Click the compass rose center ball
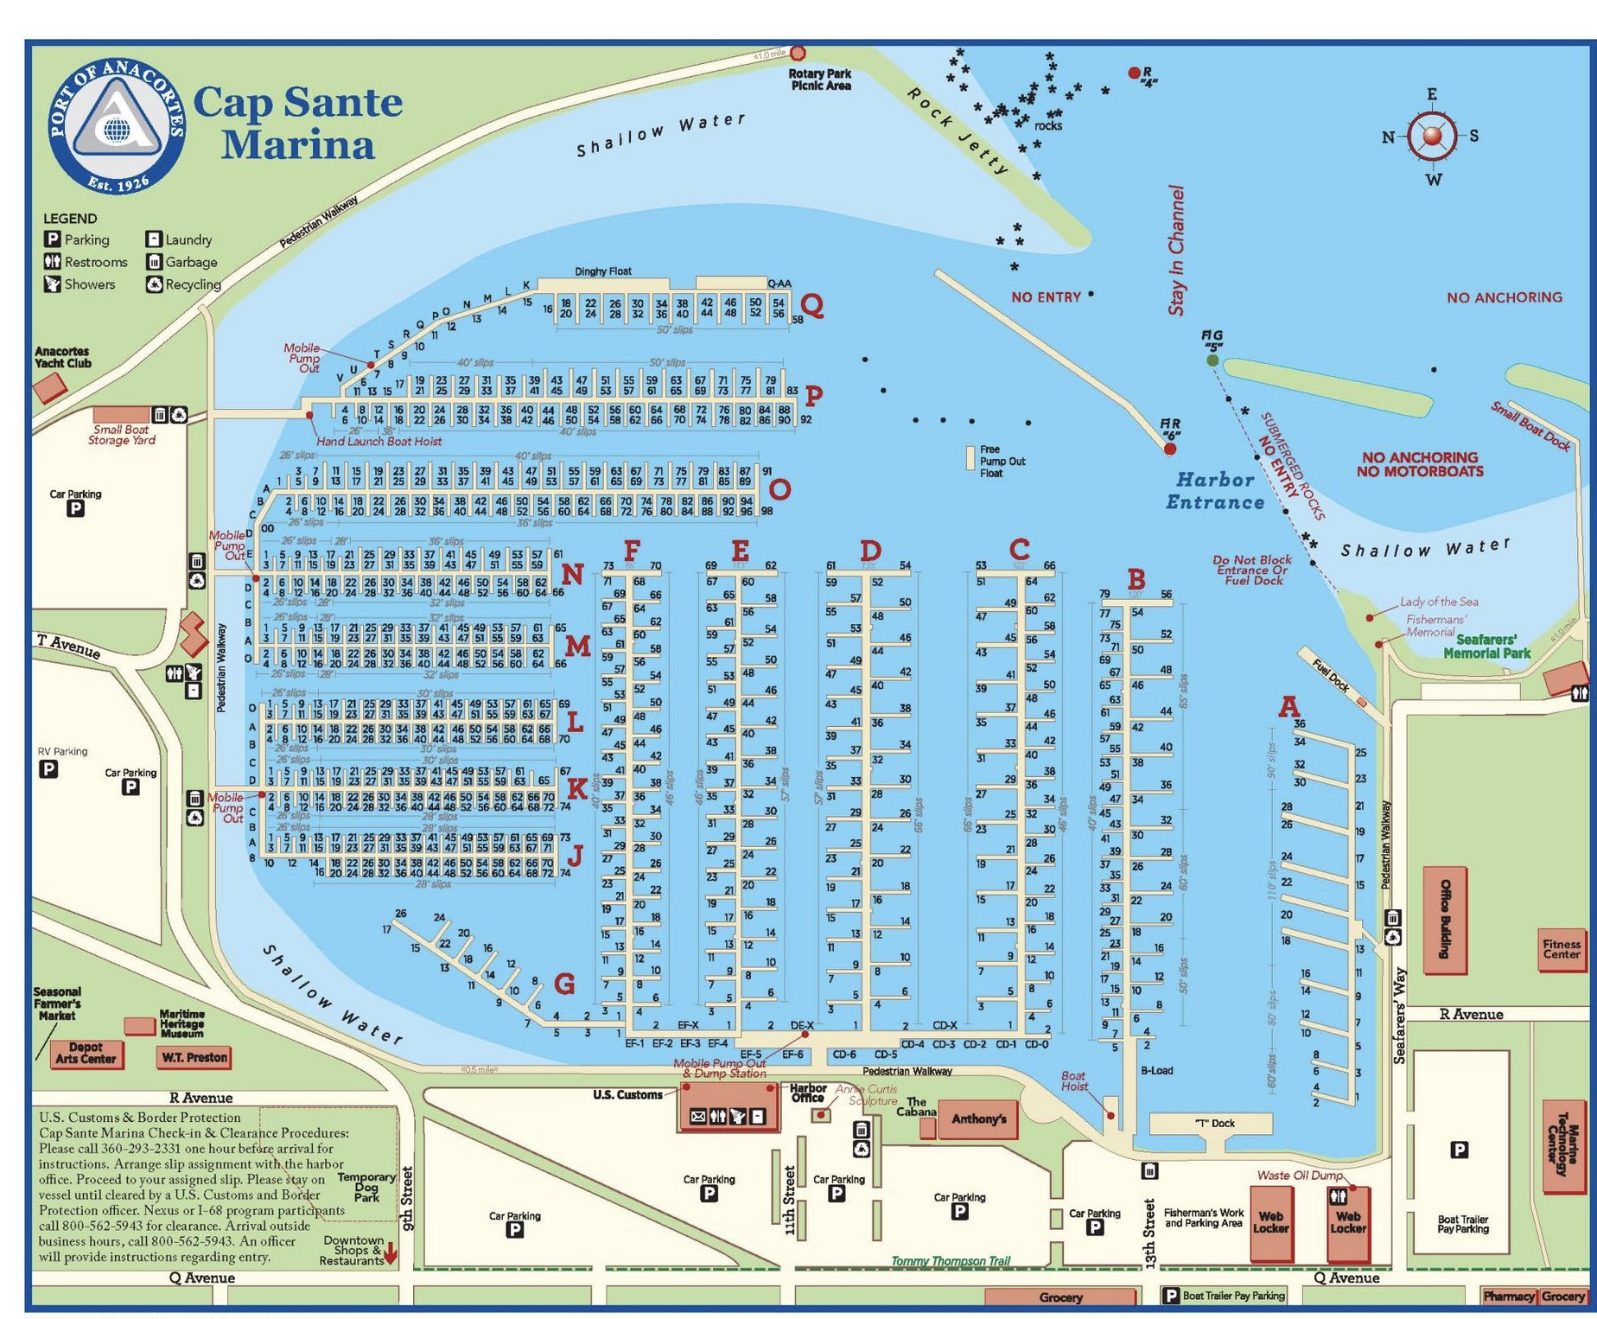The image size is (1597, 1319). (1432, 136)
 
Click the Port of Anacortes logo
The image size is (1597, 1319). (116, 127)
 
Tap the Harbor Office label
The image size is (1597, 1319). (808, 1093)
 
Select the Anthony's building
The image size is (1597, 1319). (978, 1119)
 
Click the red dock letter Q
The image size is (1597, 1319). (812, 305)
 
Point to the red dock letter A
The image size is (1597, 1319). (1288, 706)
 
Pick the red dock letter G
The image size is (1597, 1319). (563, 983)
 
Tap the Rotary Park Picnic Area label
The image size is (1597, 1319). (820, 80)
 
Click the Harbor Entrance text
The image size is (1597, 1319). (1215, 491)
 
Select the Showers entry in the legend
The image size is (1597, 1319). (80, 284)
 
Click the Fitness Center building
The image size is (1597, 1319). (1561, 949)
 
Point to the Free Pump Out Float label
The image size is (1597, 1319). (1001, 461)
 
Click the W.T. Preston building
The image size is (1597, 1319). (194, 1056)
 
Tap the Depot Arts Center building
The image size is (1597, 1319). (86, 1053)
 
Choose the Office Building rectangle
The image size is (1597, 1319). (1444, 919)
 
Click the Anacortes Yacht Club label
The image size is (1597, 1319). (62, 357)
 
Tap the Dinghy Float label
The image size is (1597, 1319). (602, 271)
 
